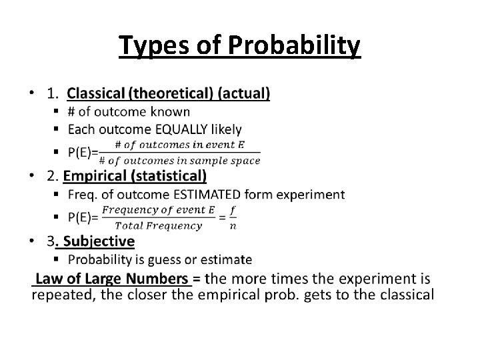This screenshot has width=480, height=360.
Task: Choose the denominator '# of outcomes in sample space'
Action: [x=179, y=160]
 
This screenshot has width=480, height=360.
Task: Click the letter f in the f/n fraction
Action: [x=233, y=209]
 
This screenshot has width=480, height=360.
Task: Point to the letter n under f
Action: [x=233, y=225]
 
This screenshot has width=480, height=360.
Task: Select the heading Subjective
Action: [x=99, y=241]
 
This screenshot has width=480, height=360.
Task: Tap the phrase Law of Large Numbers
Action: [x=112, y=279]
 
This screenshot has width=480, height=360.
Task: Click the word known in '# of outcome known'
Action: [x=171, y=112]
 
